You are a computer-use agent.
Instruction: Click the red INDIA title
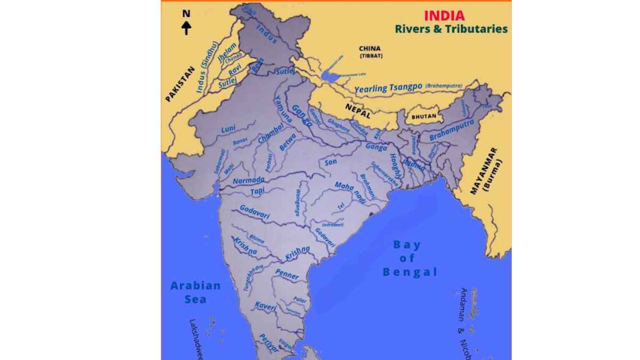coord(444,15)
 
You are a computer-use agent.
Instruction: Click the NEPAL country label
coord(357,108)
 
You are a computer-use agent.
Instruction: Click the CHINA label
coord(370,49)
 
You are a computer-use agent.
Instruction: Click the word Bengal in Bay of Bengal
coord(410,273)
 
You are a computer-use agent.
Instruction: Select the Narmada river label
coord(248,180)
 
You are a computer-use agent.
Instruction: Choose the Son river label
coord(330,162)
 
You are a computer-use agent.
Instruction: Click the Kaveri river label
coord(265,306)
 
